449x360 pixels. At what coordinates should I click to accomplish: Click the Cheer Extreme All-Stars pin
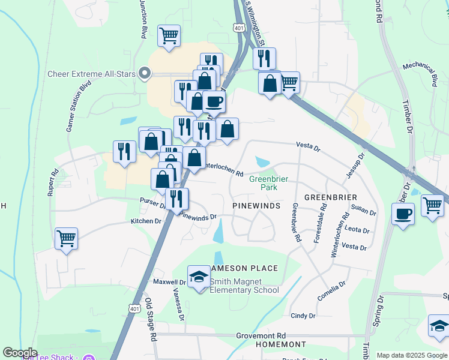pos(144,74)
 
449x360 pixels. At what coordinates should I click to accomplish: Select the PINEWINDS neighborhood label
pos(256,206)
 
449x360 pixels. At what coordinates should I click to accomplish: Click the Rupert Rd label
pos(55,181)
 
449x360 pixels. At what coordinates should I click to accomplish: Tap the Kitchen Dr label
pos(146,221)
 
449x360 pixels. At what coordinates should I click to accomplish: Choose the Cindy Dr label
pos(303,316)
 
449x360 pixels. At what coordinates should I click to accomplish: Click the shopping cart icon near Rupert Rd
pos(66,238)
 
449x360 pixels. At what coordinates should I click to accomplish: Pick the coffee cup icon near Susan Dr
pos(403,213)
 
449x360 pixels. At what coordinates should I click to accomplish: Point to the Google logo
pos(20,353)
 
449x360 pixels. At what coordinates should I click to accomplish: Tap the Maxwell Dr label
pos(169,281)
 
